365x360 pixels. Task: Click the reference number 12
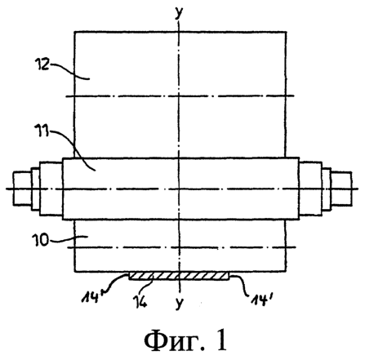[42, 64]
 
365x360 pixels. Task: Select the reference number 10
[40, 240]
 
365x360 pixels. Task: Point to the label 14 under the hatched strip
[140, 301]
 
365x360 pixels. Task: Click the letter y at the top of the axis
[179, 12]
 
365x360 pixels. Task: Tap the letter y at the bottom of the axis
[179, 302]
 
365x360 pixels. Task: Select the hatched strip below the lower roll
[179, 276]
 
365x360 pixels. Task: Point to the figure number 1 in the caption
[222, 340]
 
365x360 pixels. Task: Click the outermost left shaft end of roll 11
[22, 188]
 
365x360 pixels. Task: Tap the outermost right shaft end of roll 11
[341, 188]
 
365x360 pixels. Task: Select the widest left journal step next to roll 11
[51, 189]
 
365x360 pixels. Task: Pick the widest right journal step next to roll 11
[310, 189]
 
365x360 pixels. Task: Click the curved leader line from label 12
[69, 71]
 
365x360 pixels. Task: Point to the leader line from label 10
[68, 238]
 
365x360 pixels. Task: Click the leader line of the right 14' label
[240, 283]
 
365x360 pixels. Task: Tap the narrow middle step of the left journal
[36, 189]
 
